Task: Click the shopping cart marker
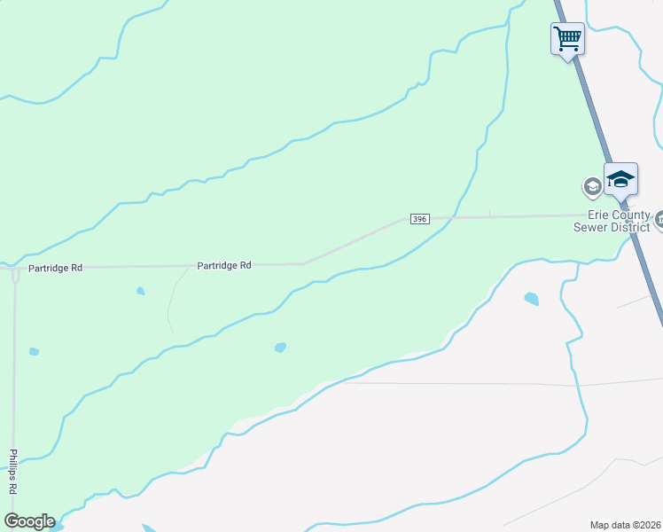tap(567, 39)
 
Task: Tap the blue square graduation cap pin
tap(620, 180)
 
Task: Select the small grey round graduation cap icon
tap(591, 187)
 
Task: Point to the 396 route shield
tap(420, 219)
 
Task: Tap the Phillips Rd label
tap(13, 471)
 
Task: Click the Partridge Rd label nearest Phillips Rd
tap(55, 267)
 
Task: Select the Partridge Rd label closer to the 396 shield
tap(224, 265)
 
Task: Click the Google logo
tap(29, 521)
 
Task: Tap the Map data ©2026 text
tap(626, 524)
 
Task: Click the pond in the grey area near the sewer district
tap(531, 299)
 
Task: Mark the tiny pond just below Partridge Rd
tap(140, 290)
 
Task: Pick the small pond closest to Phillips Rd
tap(34, 352)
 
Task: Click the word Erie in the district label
tap(599, 215)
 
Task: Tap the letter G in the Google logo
tap(12, 521)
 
